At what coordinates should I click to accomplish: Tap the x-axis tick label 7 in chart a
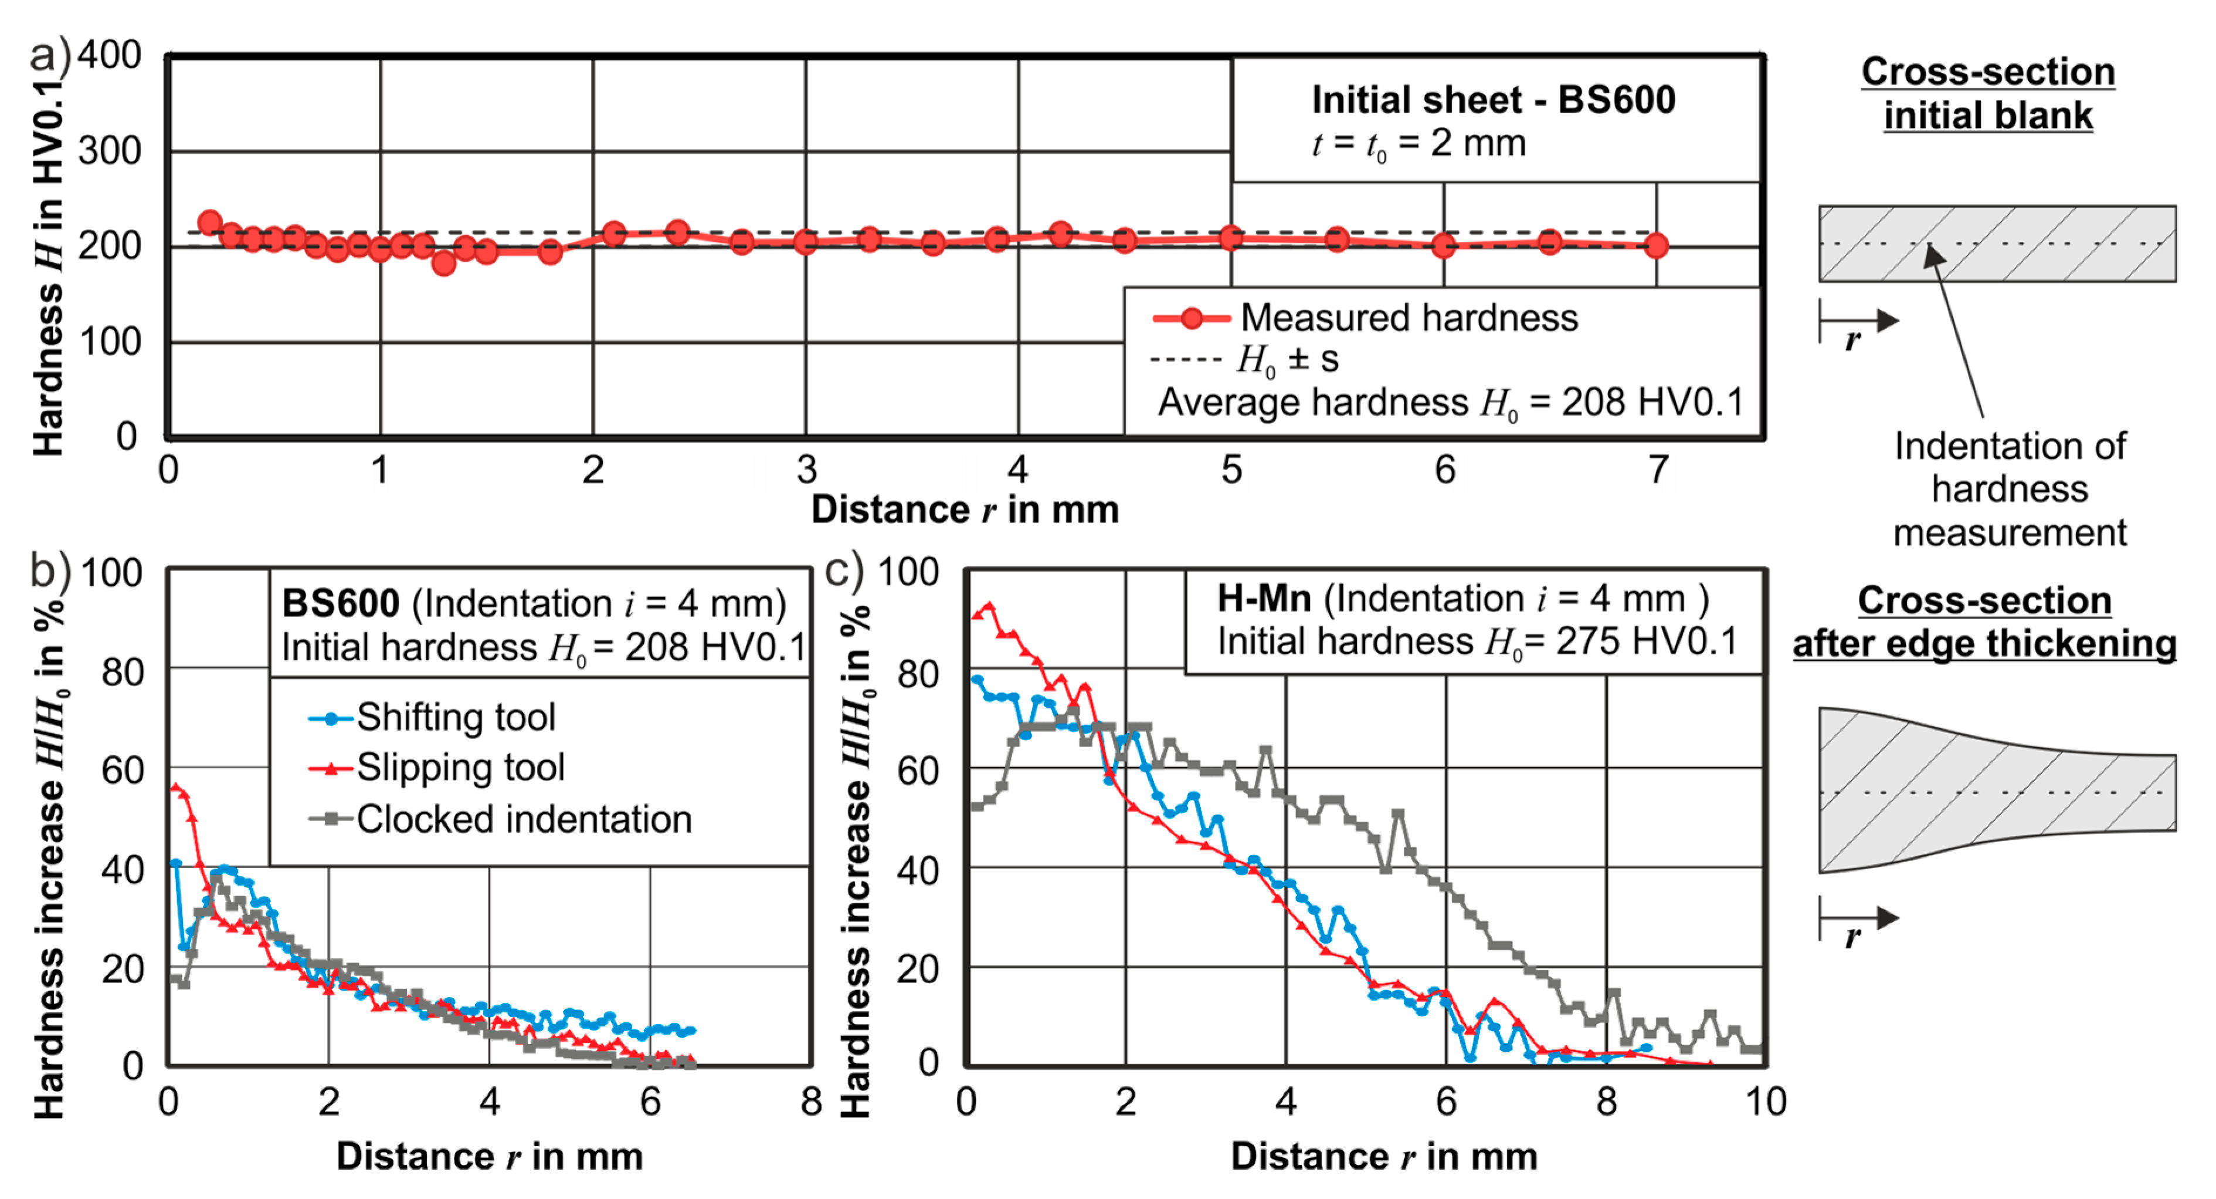click(1658, 470)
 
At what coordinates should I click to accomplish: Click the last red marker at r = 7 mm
click(1656, 246)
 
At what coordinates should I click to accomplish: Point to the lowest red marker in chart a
click(444, 262)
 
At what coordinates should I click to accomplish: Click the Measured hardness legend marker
click(1192, 319)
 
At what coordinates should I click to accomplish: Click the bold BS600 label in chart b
click(341, 603)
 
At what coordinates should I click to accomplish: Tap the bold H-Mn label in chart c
click(1264, 598)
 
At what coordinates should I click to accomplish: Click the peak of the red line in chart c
click(989, 607)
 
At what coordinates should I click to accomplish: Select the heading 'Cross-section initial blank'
click(1988, 93)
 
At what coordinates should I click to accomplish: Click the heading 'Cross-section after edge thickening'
click(1984, 622)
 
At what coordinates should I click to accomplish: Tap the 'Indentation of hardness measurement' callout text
click(2010, 489)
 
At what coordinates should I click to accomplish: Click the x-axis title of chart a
click(965, 509)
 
